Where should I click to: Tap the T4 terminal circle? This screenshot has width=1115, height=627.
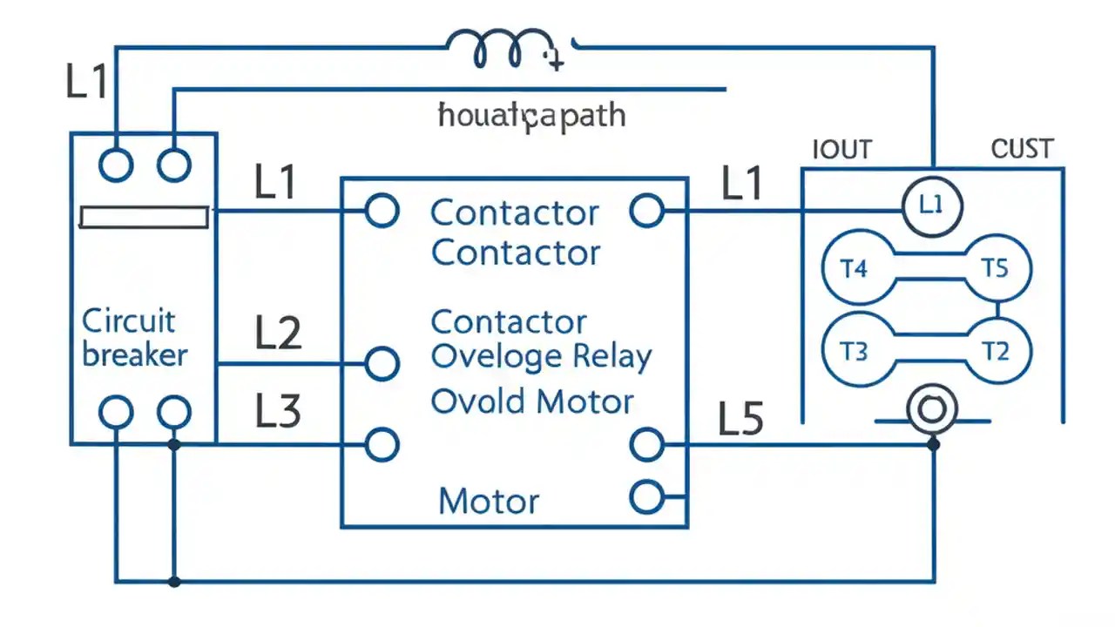[854, 268]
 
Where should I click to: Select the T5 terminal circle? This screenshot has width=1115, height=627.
[995, 268]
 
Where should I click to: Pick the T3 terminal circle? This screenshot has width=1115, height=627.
[854, 352]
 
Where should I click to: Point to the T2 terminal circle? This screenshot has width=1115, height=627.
[995, 352]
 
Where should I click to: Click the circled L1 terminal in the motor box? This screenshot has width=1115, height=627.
[931, 206]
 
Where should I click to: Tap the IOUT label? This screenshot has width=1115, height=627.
[841, 150]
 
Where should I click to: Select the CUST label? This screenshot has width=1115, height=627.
[1022, 150]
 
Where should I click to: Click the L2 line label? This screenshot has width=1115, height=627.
[278, 334]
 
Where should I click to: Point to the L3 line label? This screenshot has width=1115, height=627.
[278, 411]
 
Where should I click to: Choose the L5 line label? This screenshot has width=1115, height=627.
[740, 420]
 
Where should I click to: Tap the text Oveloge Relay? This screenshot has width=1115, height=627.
[541, 357]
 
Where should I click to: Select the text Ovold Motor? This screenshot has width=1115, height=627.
[532, 402]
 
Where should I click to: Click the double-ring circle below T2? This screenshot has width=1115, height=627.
[932, 409]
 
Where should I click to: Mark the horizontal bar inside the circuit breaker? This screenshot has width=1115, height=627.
[144, 217]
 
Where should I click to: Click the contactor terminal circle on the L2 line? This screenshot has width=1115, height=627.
[381, 363]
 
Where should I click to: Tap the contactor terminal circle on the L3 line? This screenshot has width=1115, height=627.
[381, 444]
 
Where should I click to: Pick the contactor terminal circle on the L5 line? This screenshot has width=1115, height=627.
[646, 445]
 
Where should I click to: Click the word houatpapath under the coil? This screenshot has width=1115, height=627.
[531, 115]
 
